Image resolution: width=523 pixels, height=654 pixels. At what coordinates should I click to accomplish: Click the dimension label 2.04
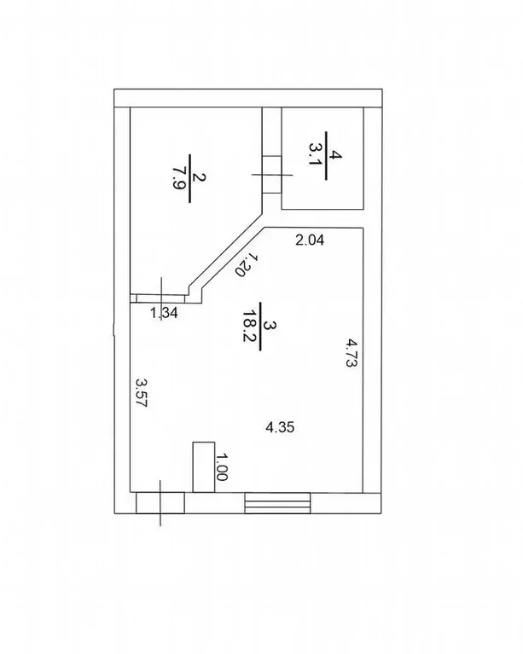(310, 240)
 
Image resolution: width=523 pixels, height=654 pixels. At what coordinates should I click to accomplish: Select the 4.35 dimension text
(280, 427)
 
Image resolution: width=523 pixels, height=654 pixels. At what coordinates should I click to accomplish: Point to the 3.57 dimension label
(142, 392)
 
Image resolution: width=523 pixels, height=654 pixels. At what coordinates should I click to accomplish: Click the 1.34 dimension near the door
(164, 312)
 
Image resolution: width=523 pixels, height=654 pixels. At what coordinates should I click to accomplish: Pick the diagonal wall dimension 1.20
(246, 264)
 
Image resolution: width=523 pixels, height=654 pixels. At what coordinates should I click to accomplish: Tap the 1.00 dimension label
(221, 466)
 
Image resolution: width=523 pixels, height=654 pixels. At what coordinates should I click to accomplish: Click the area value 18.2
(249, 327)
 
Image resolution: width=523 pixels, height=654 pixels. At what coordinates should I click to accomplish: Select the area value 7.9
(180, 178)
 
